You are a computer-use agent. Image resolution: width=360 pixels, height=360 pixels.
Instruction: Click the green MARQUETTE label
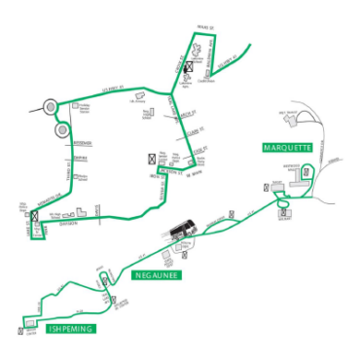coord(286,148)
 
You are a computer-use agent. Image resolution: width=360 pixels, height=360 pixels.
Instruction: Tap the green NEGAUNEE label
coord(156,275)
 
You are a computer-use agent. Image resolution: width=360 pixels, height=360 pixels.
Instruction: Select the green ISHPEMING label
coord(70,329)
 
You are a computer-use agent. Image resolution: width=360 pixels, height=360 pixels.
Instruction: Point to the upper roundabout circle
coord(51,107)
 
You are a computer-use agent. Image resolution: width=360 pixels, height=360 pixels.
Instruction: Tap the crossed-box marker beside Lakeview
coord(188,70)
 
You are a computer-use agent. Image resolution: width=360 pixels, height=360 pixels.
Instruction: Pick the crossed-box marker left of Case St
coord(149,158)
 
